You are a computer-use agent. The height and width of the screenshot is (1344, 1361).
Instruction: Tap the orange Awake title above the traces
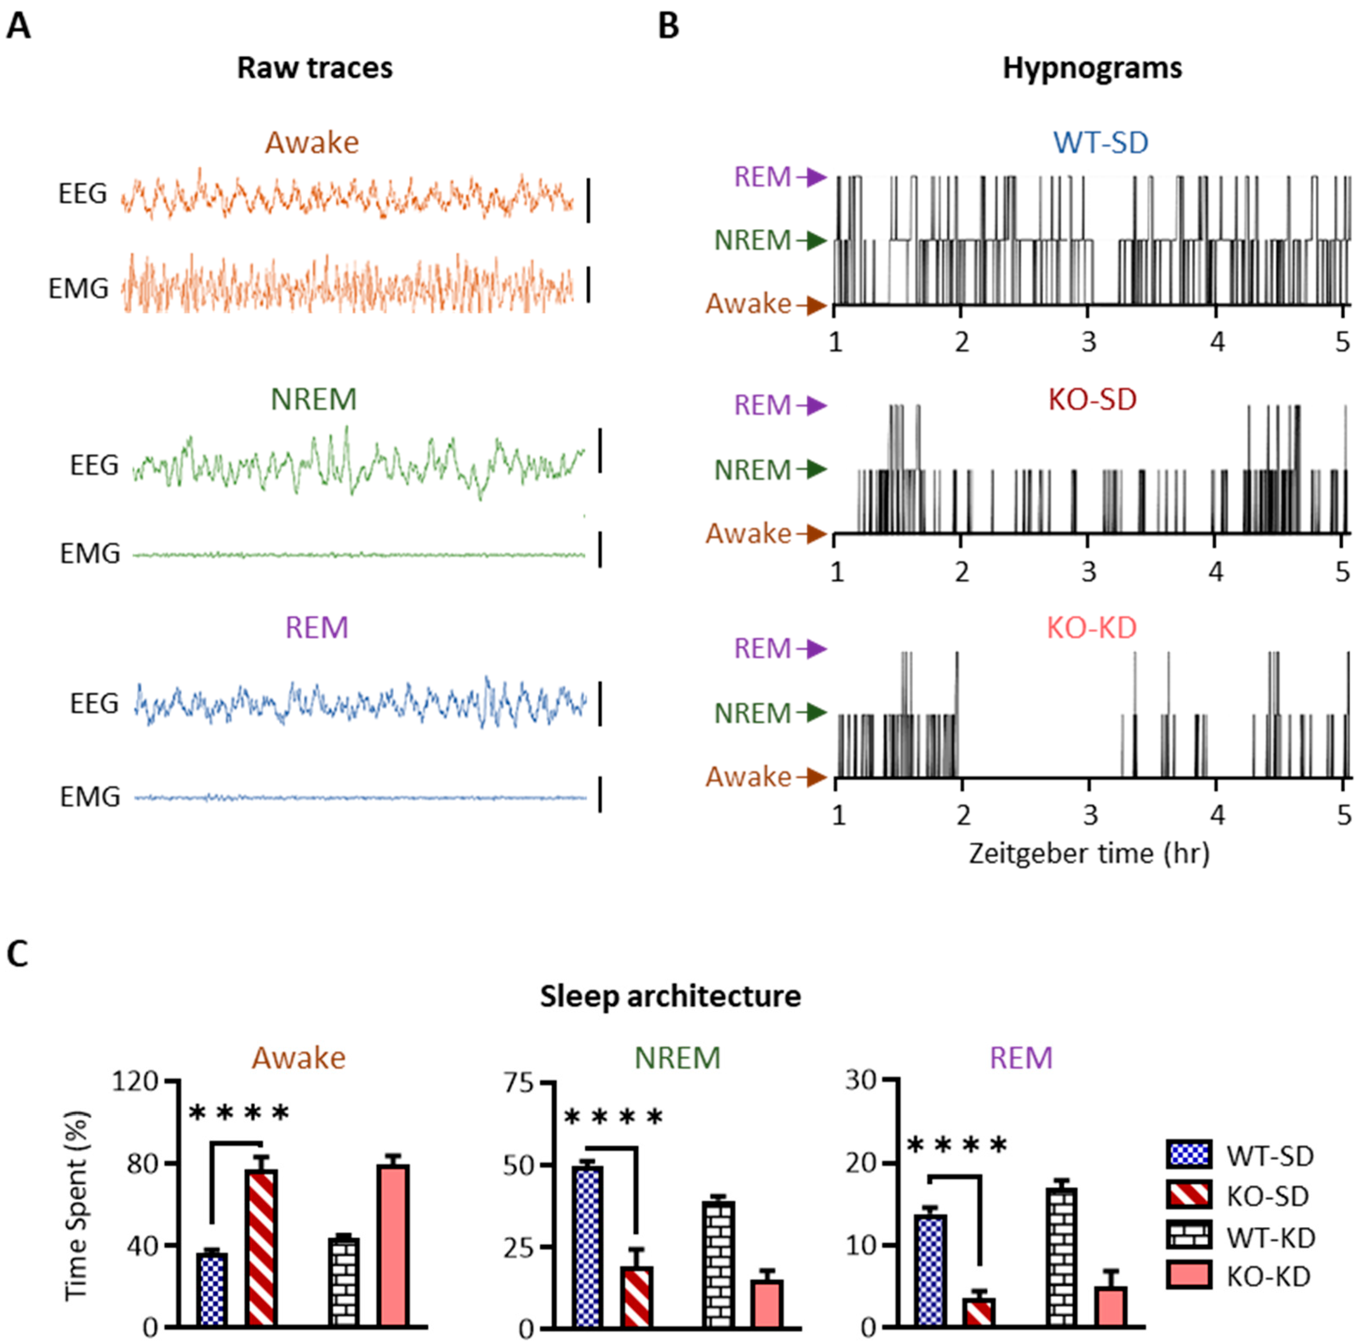pyautogui.click(x=312, y=142)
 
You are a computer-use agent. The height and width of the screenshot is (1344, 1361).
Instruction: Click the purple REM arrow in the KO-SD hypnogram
pyautogui.click(x=813, y=406)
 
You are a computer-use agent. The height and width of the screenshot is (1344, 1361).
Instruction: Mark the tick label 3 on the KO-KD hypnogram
pyautogui.click(x=1091, y=815)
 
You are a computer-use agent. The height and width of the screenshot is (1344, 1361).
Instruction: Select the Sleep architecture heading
pyautogui.click(x=671, y=996)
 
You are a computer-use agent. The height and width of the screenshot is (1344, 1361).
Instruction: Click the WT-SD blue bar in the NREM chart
pyautogui.click(x=587, y=1247)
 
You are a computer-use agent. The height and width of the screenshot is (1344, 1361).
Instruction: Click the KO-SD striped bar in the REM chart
pyautogui.click(x=979, y=1313)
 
